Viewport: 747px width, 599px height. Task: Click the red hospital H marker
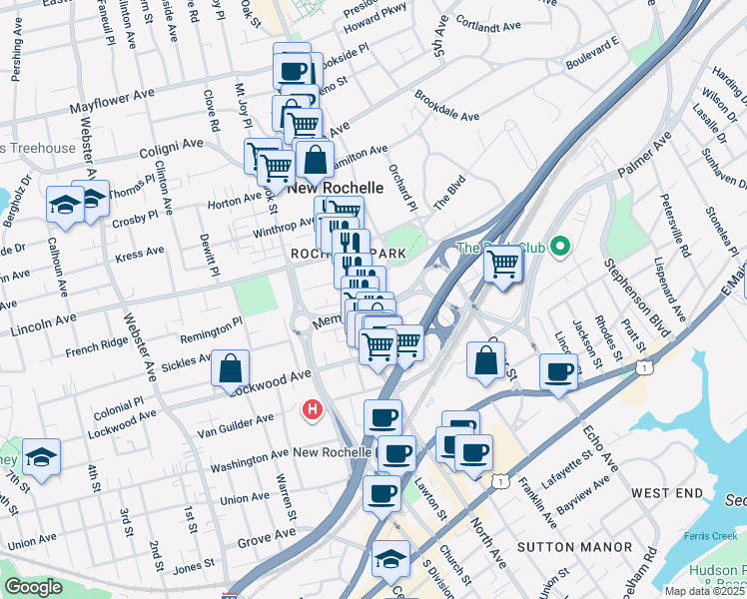(313, 409)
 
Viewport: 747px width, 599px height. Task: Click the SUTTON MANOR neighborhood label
(574, 547)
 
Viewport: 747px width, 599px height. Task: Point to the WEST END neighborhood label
(667, 493)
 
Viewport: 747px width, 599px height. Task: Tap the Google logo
(33, 588)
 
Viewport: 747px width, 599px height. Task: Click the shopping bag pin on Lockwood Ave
(230, 368)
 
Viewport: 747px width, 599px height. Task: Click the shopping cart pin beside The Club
(503, 265)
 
